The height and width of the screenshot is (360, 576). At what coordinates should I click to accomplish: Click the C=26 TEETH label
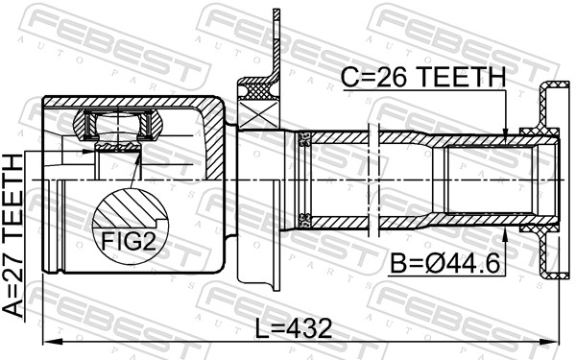(x=423, y=74)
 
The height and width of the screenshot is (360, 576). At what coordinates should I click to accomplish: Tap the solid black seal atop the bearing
(x=257, y=89)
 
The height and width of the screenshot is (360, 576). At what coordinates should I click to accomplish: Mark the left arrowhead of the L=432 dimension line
(x=51, y=342)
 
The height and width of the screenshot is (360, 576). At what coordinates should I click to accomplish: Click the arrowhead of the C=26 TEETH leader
(x=507, y=134)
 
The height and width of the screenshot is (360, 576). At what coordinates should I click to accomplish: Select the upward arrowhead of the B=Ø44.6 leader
(x=507, y=232)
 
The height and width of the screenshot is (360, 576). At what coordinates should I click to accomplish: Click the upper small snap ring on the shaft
(x=305, y=142)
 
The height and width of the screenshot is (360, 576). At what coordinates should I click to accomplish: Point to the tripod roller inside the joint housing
(x=116, y=124)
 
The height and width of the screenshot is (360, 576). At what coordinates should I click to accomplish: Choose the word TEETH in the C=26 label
(x=457, y=74)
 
